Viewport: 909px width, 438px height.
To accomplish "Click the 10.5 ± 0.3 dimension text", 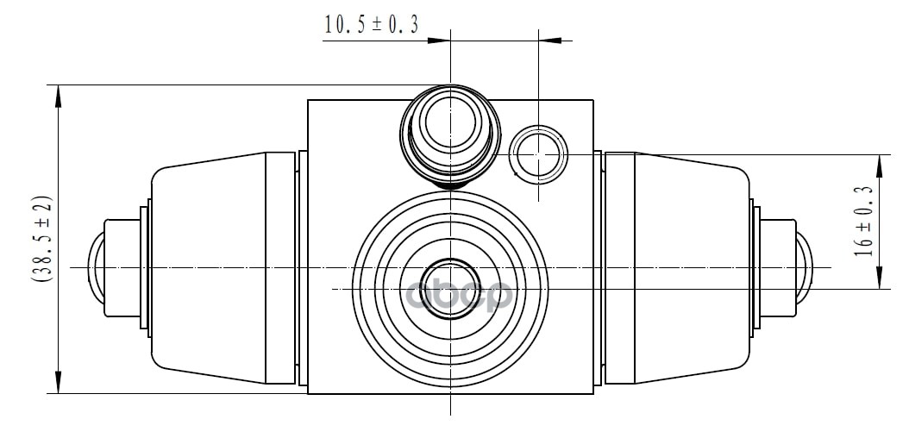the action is tap(371, 25).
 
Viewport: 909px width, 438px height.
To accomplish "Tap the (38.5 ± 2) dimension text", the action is tap(41, 239).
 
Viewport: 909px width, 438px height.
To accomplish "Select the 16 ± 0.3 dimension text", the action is tap(863, 222).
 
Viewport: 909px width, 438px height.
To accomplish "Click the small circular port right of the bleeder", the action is tap(538, 154).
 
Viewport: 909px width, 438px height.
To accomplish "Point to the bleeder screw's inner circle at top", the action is tap(450, 122).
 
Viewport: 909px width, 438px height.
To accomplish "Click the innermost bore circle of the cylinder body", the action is tap(450, 289).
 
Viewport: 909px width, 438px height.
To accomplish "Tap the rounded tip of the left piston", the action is tap(96, 267).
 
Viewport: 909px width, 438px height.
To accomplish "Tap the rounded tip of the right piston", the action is tap(805, 267).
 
